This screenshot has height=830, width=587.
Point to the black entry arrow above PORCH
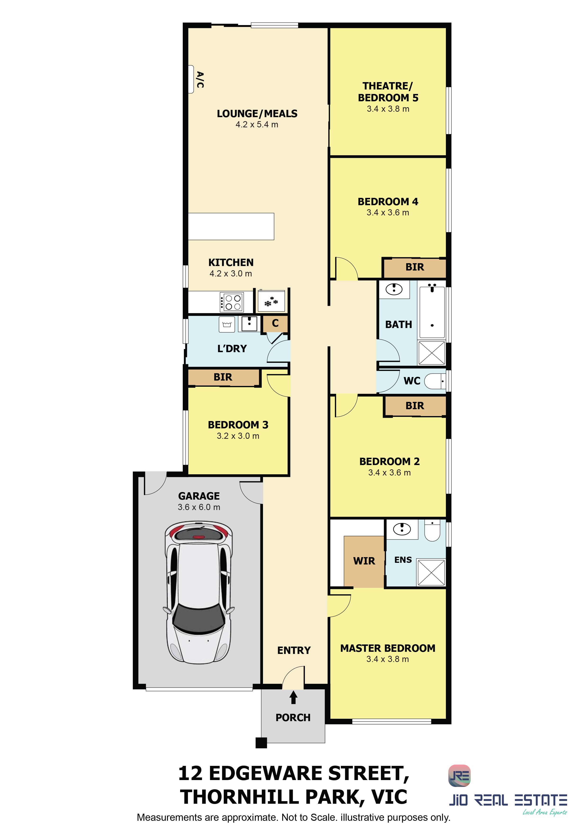tap(293, 697)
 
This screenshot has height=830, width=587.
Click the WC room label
tap(412, 381)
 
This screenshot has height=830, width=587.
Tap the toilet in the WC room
tap(435, 381)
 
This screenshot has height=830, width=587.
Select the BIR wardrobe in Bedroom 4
tap(414, 267)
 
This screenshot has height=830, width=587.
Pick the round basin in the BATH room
tap(394, 289)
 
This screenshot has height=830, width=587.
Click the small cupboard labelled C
tap(275, 324)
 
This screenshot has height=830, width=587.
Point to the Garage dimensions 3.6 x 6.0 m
tap(199, 507)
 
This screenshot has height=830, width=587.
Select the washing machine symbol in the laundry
tap(227, 324)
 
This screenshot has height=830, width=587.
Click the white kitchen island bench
tap(231, 226)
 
